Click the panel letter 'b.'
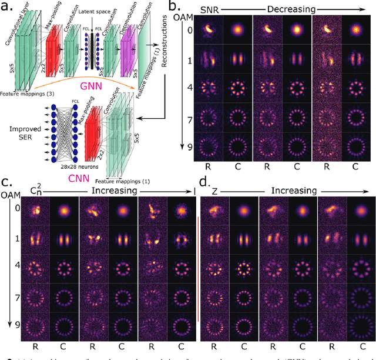pyautogui.click(x=176, y=6)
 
